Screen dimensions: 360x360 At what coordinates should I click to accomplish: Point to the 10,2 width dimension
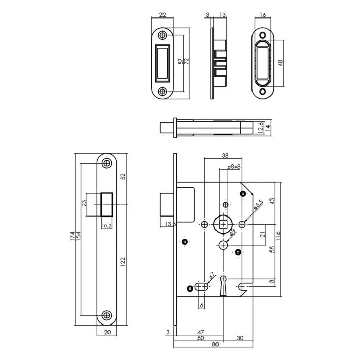click(106, 225)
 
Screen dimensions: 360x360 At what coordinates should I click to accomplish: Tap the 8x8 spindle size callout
click(235, 167)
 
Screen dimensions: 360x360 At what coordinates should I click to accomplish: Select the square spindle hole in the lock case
click(223, 224)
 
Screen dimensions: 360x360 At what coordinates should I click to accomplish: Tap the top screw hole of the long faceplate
click(106, 163)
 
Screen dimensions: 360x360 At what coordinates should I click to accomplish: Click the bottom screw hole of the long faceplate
click(106, 315)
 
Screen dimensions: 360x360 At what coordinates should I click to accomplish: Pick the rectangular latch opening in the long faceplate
click(106, 204)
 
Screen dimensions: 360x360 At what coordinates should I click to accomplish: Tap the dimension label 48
click(281, 63)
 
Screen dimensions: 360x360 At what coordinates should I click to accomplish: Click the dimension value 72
click(186, 61)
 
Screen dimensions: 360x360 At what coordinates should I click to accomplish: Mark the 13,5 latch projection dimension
click(171, 224)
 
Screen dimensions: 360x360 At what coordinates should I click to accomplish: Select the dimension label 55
click(272, 249)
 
